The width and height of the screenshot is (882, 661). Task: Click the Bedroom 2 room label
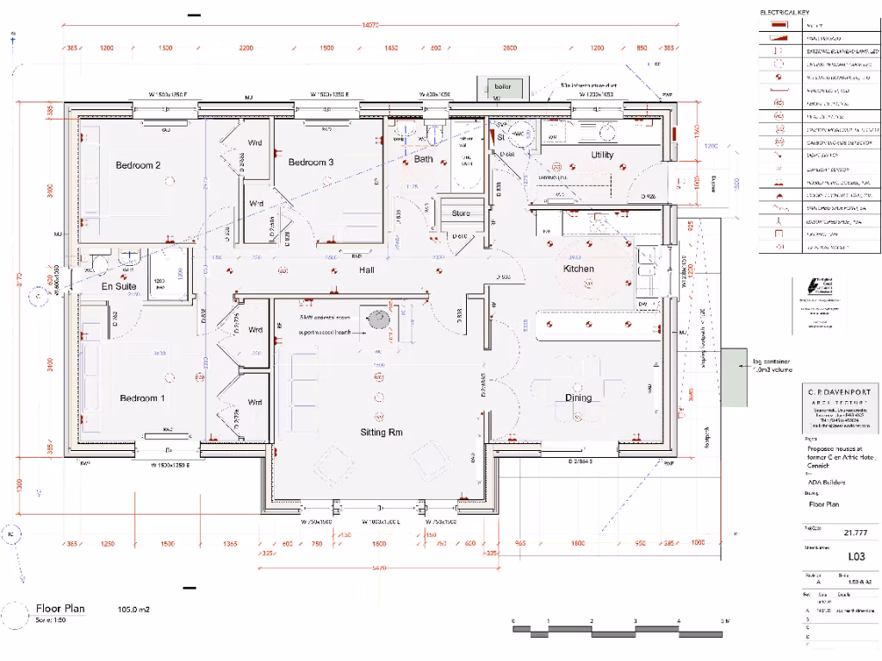pos(139,165)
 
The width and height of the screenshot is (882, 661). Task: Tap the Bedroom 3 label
pos(311,162)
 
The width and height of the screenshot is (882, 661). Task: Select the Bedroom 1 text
pos(142,398)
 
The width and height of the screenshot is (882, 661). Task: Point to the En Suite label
pos(119,286)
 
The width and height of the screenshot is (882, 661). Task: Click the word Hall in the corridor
pos(367,270)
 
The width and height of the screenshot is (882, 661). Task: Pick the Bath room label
pos(424,159)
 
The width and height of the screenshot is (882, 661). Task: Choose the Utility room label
pos(602,155)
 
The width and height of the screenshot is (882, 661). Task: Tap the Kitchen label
pos(578,269)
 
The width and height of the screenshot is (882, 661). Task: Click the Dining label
pos(578,398)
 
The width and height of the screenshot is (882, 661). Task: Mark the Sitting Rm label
pos(382,432)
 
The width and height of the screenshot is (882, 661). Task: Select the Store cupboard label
pos(461,213)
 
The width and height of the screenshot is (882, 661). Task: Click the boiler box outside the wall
pos(501,87)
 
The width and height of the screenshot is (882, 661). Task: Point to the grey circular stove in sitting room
pos(378,319)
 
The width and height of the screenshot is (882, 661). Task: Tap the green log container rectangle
pos(735,377)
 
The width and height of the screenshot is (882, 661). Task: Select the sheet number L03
pos(831,557)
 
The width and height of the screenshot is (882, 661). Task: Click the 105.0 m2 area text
pos(134,609)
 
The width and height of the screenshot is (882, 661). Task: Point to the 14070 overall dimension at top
pos(371,25)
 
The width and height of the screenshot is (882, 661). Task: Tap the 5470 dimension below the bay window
pos(378,568)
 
